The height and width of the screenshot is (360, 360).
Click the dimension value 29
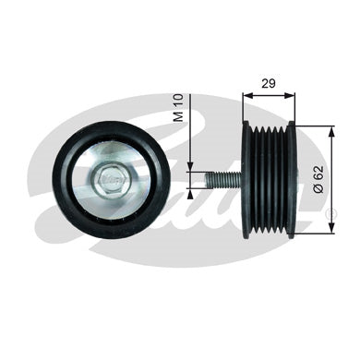tap(269, 83)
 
